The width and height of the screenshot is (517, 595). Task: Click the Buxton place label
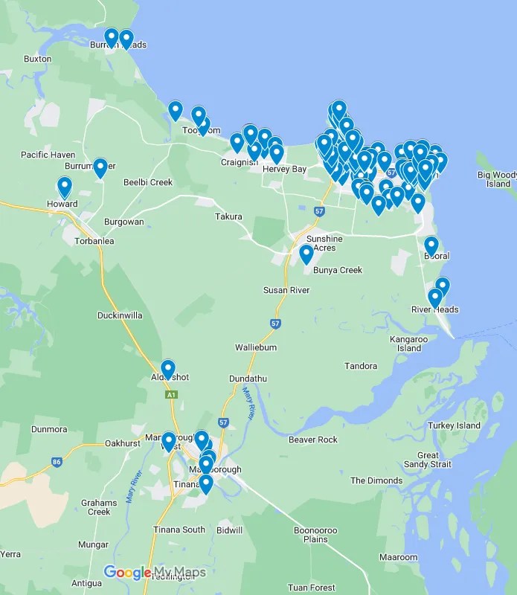coord(37,59)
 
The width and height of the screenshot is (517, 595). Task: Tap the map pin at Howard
coord(65,187)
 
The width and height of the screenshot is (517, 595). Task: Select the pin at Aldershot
coord(168,369)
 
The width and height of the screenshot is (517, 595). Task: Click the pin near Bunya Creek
coord(306,254)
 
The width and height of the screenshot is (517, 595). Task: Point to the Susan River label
coord(286,290)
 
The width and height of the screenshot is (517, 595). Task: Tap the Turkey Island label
coord(454,425)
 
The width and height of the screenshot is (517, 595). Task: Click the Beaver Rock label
coord(313,440)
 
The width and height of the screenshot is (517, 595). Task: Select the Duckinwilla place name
coord(120,315)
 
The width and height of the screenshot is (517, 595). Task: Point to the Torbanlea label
coord(94,241)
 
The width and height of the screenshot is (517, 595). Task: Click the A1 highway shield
coord(172,395)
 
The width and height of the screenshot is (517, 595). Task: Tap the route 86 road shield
coord(57,462)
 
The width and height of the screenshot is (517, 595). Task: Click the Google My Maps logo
coord(155,573)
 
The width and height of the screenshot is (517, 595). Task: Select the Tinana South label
coord(182,530)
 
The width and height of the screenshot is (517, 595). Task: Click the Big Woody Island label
coord(496,179)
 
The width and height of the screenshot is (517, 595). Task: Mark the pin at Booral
coord(431,245)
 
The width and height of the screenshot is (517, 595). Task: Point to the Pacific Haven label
coord(48,155)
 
